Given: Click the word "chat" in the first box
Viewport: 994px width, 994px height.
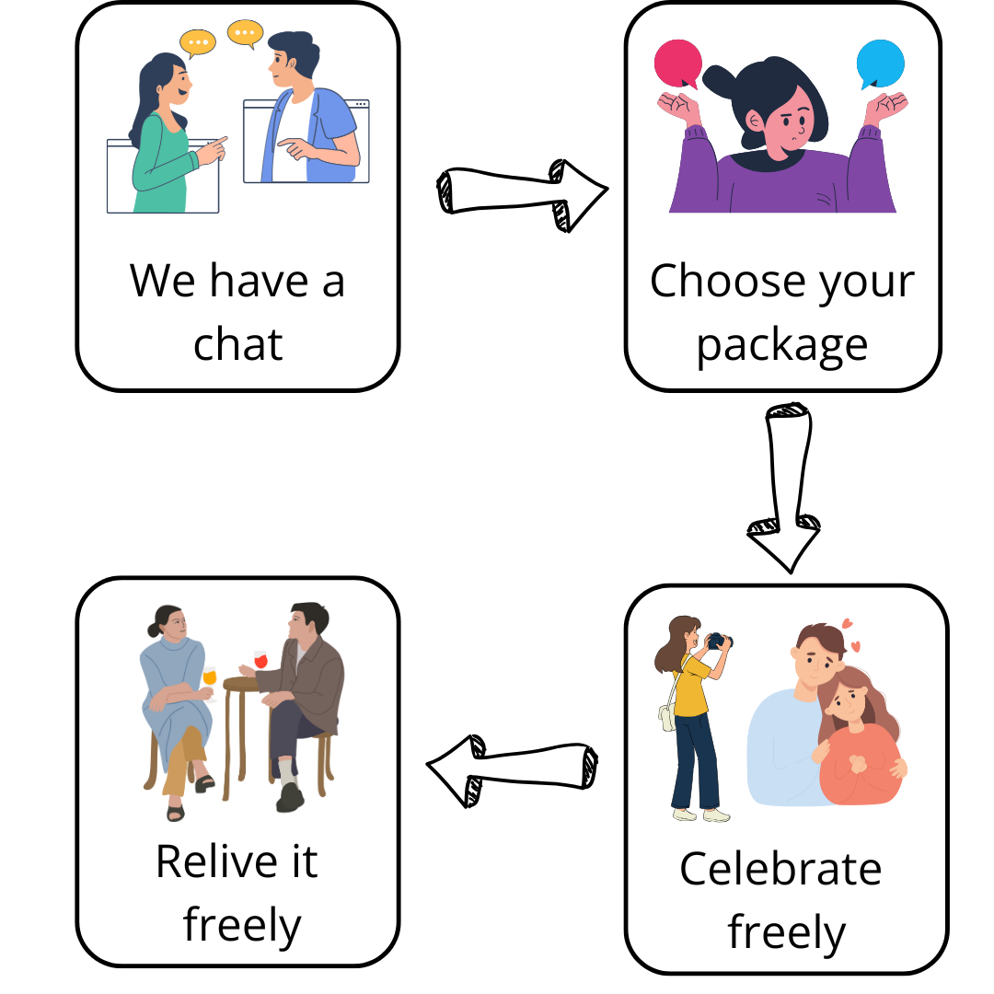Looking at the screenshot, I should (237, 344).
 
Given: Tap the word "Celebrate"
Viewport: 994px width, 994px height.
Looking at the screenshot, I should (780, 868).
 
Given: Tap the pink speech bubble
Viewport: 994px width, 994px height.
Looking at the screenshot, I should (678, 63).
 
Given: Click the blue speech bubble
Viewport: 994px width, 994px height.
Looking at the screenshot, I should (880, 64).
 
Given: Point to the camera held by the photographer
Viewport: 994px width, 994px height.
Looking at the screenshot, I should (718, 641).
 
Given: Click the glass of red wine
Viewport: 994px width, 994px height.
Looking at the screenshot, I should (260, 660).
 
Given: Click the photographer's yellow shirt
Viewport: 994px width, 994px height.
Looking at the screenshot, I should (691, 686).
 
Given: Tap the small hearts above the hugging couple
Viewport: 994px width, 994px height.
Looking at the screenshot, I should (851, 630).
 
